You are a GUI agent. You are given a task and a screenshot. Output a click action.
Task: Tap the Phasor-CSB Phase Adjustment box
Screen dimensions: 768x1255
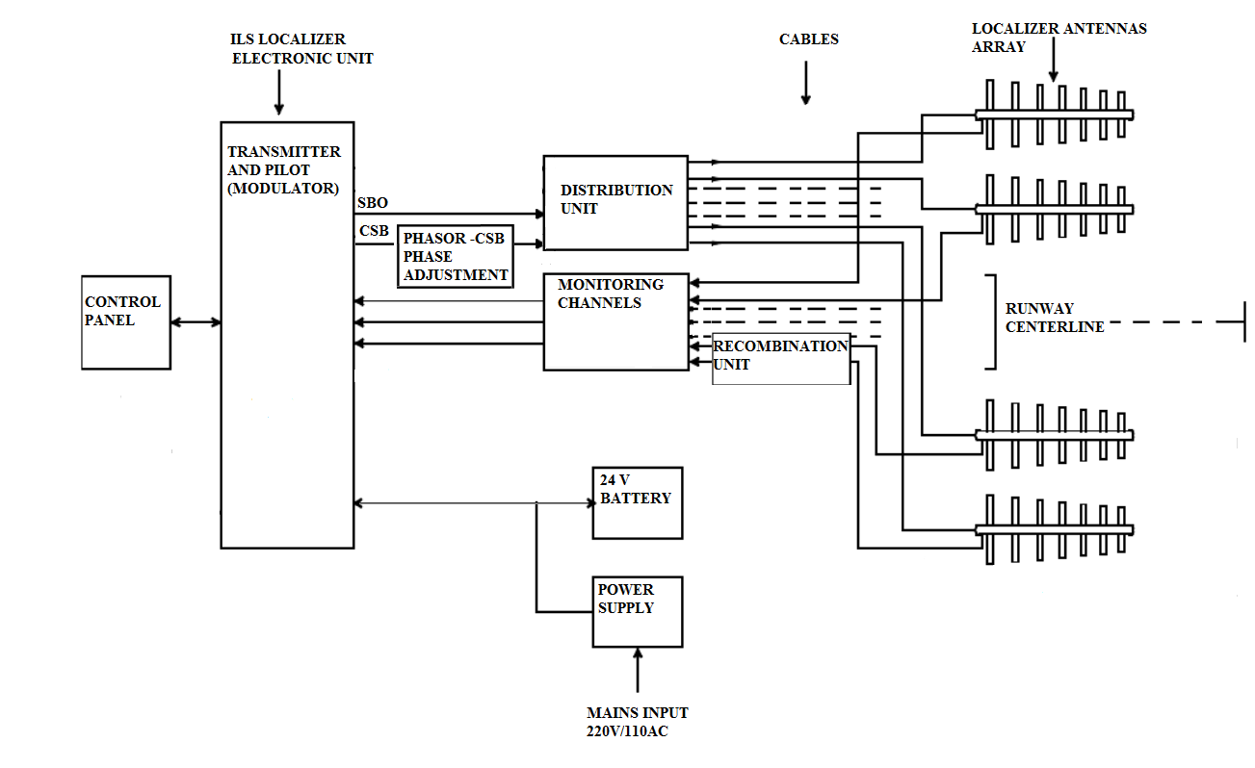coord(456,257)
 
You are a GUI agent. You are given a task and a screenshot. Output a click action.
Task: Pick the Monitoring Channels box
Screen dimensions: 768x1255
coord(616,322)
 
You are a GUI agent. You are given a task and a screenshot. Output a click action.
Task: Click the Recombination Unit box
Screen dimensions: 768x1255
coord(781,359)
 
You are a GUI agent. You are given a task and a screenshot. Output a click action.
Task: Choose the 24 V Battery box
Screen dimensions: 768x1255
coord(637,502)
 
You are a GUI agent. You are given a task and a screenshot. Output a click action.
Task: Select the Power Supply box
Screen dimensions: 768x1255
coord(637,611)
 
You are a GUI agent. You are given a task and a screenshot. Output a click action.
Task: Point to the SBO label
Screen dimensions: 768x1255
coord(372,204)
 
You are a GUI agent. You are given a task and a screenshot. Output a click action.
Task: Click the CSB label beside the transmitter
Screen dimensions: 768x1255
coord(373,231)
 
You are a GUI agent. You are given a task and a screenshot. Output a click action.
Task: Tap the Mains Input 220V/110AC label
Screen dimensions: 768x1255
coord(638,722)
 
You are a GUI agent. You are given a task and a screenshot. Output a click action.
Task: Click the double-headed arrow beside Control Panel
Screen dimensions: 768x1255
coord(196,322)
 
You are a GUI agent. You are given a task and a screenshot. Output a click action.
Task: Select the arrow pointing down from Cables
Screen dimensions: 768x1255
coord(806,87)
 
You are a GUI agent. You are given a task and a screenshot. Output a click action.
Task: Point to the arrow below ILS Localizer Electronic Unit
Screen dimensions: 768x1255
coord(279,94)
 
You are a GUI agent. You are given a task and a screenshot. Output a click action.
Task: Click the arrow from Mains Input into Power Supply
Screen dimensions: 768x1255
coord(638,669)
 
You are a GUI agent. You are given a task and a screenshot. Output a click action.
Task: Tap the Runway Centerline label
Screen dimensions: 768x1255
coord(1054,318)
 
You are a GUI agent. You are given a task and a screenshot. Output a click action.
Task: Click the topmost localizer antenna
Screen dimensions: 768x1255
coord(1055,115)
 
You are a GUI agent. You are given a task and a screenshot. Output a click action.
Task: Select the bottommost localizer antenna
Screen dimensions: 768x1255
coord(1055,530)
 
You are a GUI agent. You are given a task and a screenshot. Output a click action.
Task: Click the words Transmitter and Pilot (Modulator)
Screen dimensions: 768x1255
coord(283,170)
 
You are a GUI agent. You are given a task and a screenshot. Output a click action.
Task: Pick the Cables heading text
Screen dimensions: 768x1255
coord(809,39)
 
